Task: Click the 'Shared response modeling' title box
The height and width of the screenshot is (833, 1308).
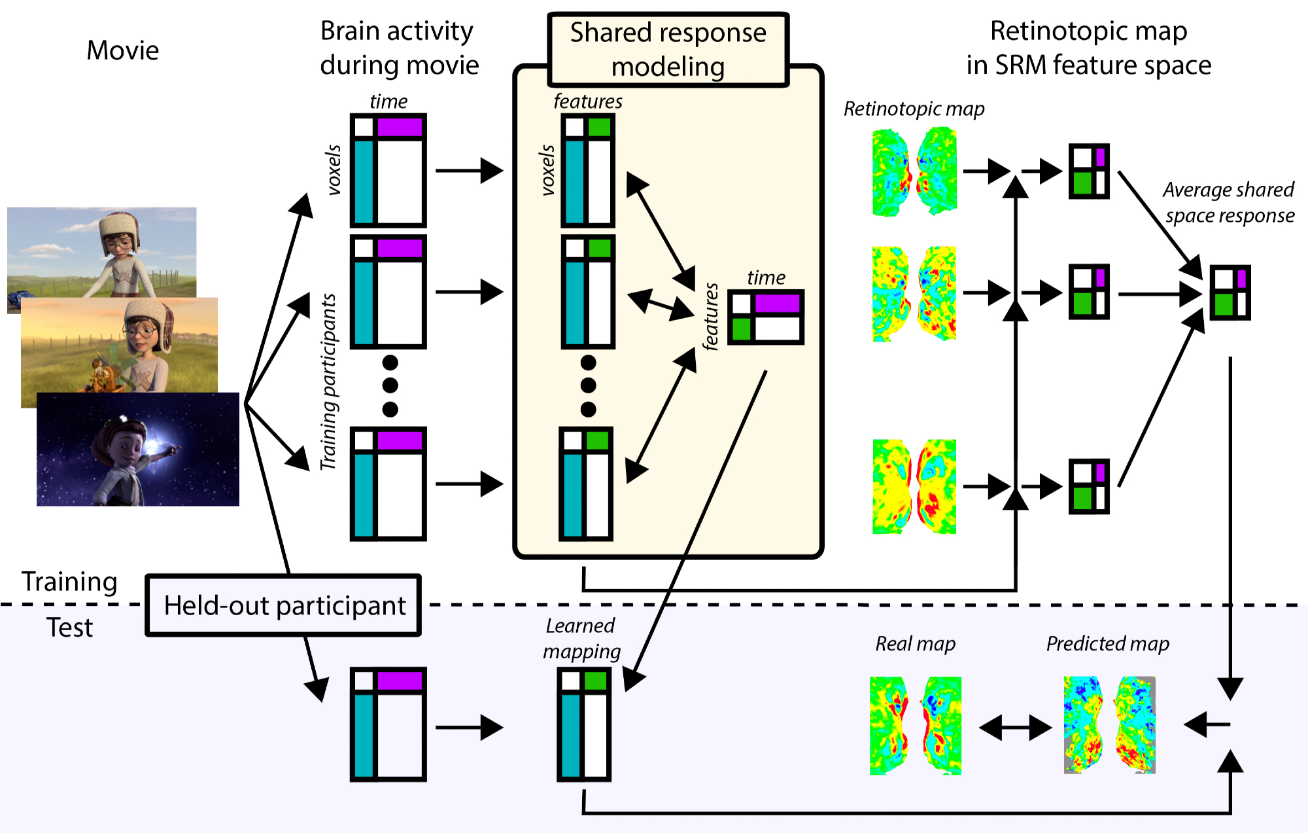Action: (668, 50)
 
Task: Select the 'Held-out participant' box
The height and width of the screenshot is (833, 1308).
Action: (284, 605)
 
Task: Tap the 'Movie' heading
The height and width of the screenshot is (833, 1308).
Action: (123, 50)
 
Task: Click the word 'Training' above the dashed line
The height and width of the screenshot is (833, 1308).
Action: (69, 582)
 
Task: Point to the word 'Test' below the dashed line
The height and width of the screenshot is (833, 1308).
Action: (69, 628)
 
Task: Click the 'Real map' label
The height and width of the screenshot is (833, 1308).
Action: (915, 644)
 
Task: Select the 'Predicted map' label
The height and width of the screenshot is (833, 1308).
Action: (1107, 644)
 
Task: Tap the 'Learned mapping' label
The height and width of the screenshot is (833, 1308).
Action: (581, 639)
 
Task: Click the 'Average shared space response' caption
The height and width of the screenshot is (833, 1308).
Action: (1229, 202)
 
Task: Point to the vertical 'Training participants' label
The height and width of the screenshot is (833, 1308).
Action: (328, 382)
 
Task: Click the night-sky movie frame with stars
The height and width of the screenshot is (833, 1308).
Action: (138, 449)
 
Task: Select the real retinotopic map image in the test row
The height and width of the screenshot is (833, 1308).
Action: (915, 726)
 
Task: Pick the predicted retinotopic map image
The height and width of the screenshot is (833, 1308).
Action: (1109, 725)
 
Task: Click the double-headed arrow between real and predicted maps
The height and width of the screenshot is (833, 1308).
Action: (1015, 727)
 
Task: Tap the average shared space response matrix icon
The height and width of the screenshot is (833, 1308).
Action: (1230, 292)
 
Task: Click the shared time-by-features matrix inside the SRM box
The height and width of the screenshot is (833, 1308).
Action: (765, 317)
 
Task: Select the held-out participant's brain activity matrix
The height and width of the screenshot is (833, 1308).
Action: (388, 724)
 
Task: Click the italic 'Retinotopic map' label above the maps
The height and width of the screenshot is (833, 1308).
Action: (914, 109)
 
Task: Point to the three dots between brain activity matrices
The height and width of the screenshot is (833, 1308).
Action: (390, 386)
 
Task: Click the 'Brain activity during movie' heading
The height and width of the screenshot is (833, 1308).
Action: (399, 48)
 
